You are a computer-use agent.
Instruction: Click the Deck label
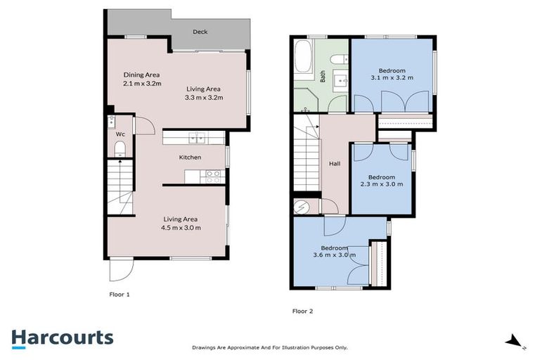click(200, 32)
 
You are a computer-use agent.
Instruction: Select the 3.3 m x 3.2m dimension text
click(204, 98)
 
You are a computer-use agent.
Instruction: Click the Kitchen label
click(190, 157)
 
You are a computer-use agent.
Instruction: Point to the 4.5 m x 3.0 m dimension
click(182, 228)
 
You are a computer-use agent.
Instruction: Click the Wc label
click(120, 134)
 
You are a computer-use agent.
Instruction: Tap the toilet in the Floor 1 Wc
click(120, 149)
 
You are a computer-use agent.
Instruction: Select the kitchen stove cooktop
click(214, 174)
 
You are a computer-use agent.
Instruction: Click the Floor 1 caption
click(120, 295)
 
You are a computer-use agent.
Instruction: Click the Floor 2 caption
click(302, 310)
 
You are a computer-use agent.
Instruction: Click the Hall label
click(335, 164)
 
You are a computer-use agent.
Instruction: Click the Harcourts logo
click(62, 337)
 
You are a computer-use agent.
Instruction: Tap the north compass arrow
click(515, 342)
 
